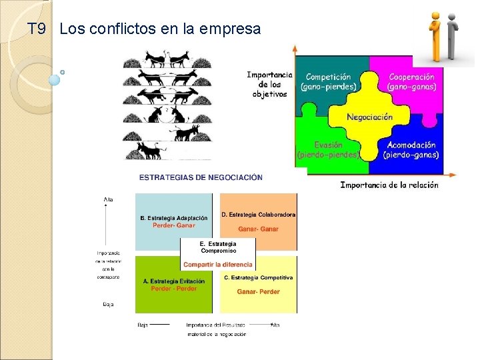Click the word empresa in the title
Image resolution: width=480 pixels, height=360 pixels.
point(233,29)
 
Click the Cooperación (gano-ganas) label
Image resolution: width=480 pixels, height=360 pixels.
point(412,82)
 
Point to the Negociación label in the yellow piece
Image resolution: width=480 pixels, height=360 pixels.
point(369,117)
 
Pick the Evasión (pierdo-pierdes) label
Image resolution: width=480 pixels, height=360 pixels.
point(328,149)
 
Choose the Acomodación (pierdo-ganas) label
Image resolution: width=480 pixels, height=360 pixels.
point(411,149)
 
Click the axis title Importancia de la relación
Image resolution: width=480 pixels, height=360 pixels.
point(389,185)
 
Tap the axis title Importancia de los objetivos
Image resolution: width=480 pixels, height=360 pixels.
point(269,84)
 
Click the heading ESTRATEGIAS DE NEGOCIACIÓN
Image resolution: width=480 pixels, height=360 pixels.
point(201,177)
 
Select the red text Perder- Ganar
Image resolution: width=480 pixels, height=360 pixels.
point(173,225)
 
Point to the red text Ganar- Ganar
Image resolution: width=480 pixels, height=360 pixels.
point(258,229)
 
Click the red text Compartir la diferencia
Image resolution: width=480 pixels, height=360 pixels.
point(218,264)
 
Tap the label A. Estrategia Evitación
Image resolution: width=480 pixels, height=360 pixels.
point(174,281)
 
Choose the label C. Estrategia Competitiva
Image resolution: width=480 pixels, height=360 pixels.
point(258,277)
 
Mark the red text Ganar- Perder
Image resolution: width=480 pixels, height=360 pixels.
point(258,291)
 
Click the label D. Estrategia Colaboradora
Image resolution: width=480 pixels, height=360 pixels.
point(258,215)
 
